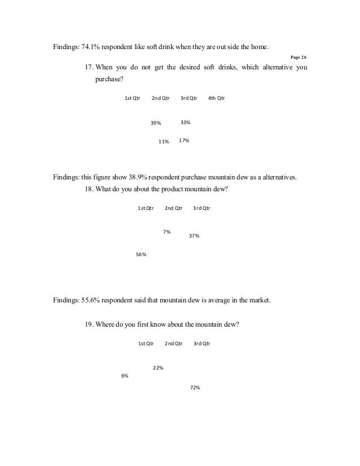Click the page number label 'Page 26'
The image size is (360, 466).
(x=298, y=57)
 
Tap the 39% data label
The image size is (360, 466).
(x=156, y=123)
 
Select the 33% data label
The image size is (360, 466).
(x=185, y=122)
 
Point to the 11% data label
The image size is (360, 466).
(x=164, y=142)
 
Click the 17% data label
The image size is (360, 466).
(x=184, y=140)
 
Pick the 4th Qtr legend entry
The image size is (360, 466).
(x=216, y=98)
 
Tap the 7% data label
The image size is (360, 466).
(x=167, y=231)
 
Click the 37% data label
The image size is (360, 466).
(x=194, y=236)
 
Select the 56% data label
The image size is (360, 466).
(x=142, y=254)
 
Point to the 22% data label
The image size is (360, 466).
(x=158, y=368)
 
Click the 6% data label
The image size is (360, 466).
(x=125, y=376)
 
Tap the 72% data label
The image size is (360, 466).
(x=196, y=388)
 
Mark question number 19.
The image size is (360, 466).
(x=89, y=324)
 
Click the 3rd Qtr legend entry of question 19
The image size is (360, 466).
(x=202, y=344)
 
